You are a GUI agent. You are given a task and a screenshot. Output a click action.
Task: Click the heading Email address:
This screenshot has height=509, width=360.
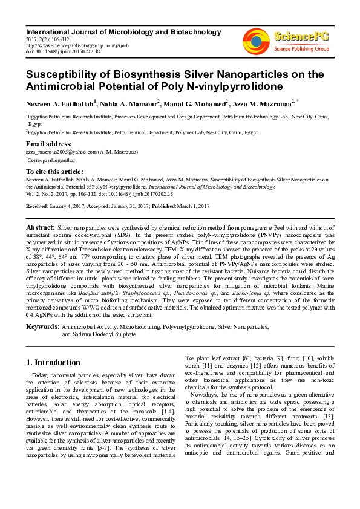coord(49,144)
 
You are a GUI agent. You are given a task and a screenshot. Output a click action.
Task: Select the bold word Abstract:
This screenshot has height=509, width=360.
coord(41,227)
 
